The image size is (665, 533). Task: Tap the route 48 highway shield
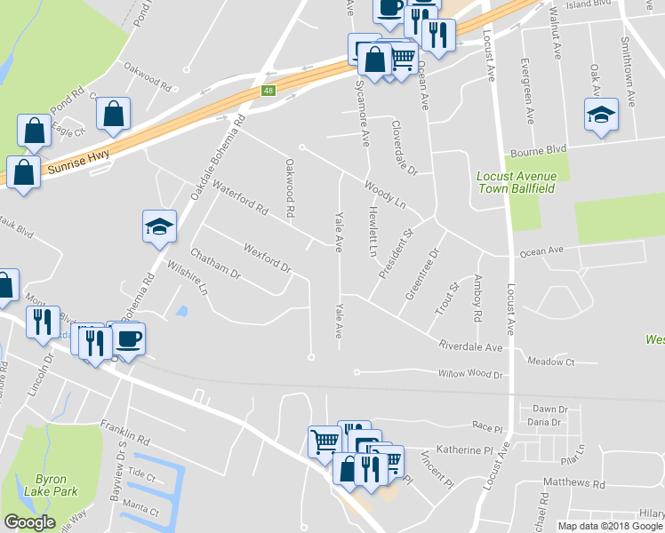(x=268, y=91)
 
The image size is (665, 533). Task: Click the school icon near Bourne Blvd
(x=601, y=115)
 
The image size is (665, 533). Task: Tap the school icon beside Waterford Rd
(x=160, y=227)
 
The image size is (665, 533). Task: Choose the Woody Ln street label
(x=384, y=195)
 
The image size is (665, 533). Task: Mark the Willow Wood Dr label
(x=470, y=375)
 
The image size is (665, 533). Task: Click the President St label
(x=397, y=256)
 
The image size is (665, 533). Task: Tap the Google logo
(x=29, y=522)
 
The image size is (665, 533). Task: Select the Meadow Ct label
(x=551, y=362)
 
